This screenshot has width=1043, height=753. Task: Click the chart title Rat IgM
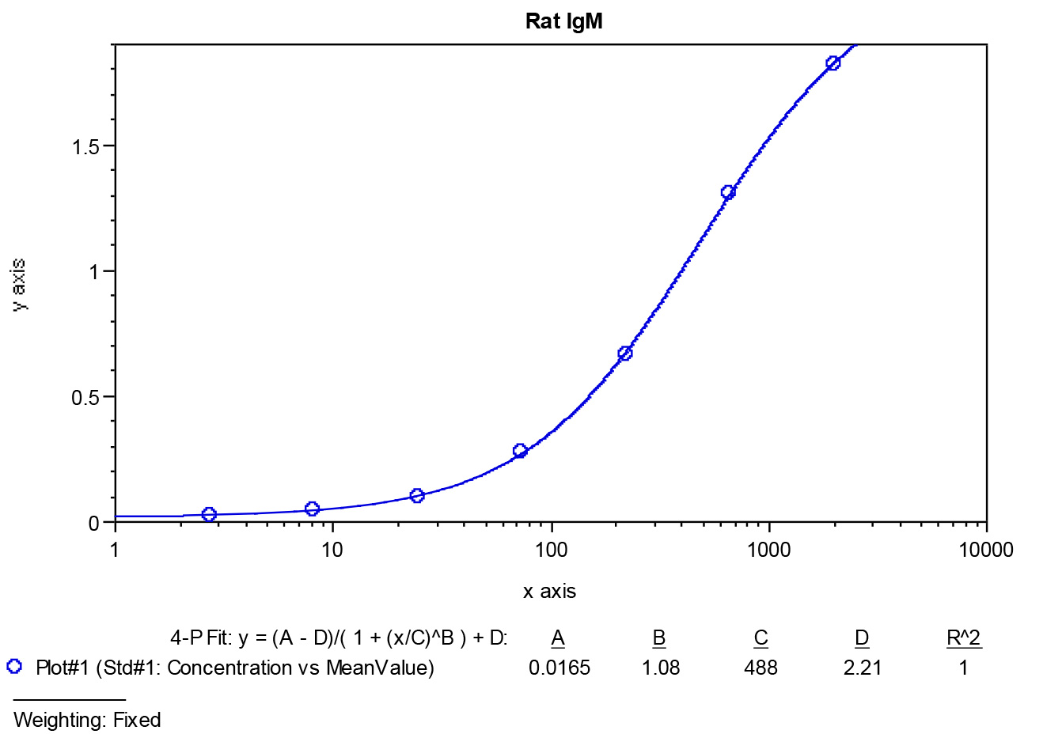pos(564,21)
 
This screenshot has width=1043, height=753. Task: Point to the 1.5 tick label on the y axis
pos(85,147)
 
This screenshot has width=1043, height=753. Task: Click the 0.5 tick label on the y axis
pos(85,398)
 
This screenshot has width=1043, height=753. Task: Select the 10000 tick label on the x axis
pos(986,551)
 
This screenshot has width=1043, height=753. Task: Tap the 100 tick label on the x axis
pos(552,551)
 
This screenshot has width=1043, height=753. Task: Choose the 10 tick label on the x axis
pos(332,551)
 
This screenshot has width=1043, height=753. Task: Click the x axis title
pos(549,592)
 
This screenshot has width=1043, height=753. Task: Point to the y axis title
pos(19,285)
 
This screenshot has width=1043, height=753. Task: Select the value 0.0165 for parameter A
pos(559,668)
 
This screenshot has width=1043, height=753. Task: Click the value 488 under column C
pos(760,668)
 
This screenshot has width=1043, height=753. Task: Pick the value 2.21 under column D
pos(863,668)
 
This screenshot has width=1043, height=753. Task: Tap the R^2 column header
pos(964,638)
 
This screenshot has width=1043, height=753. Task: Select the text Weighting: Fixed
pos(87,720)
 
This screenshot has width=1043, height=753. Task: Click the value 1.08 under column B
pos(661,668)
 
